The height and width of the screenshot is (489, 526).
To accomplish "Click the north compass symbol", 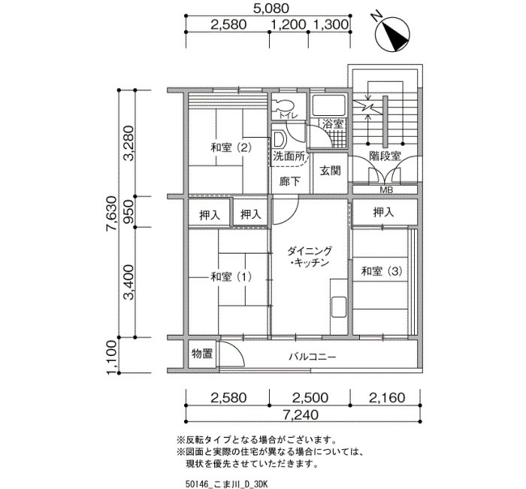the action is pos(392,33).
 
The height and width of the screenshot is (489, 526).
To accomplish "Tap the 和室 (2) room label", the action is pos(231,147).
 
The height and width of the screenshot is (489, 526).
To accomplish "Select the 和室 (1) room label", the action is pos(231,277).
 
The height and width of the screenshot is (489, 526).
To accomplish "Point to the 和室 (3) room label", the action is pos(382,271).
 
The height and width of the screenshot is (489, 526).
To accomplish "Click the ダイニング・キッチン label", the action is pos(310,257).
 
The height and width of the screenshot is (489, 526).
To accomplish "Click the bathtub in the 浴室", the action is pos(329,105).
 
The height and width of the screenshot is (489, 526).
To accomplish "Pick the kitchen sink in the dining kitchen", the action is pos(339,307).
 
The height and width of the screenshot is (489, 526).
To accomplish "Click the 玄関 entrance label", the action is pos(330,171).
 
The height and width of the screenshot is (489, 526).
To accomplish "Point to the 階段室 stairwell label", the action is pos(385,156).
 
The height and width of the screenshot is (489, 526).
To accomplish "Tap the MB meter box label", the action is pos(386,190).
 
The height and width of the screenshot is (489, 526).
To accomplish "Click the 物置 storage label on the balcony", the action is pos(202,354).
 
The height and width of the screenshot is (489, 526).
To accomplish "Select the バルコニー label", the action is pos(313,357).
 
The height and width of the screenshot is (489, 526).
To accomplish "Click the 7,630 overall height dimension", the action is pos(111,213).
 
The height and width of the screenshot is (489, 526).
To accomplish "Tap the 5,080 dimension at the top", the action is pos(271,8).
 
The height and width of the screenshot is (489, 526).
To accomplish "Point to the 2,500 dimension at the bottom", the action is pos(310,398).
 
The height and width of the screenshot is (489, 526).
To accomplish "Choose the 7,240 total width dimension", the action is pos(301,415).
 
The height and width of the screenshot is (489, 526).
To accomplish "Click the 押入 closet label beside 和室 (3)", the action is pos(383,212).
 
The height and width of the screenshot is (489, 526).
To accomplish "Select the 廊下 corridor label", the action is pos(290,182).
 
